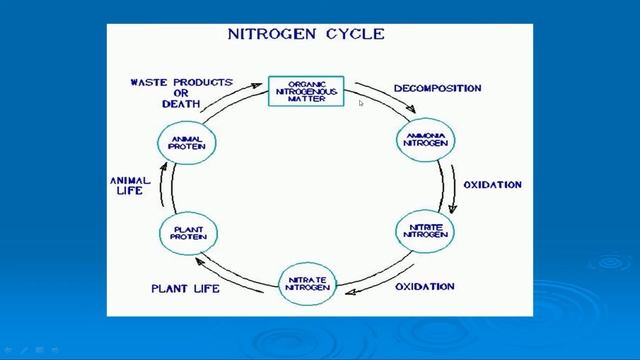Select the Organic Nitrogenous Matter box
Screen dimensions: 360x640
pos(306,91)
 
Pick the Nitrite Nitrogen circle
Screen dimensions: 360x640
pos(427,229)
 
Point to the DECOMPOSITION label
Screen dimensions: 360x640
pos(437,88)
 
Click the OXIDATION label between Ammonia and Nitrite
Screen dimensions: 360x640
pos(492,185)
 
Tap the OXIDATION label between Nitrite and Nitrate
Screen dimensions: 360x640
pos(425,287)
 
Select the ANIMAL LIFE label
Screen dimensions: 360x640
pos(130,186)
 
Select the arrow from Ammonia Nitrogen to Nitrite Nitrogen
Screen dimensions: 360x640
pos(451,186)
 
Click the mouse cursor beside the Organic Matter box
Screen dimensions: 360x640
pos(361,101)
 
